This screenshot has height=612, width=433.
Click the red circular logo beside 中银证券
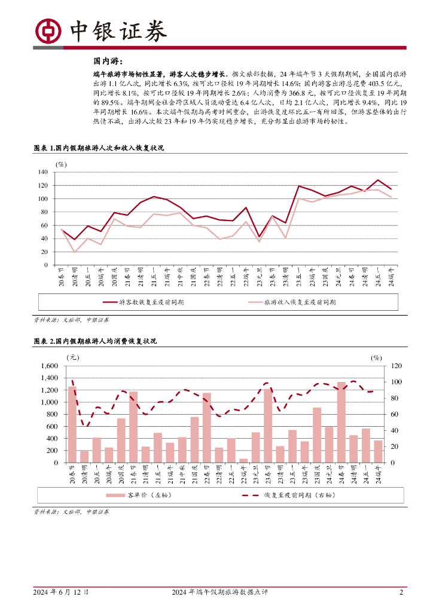47,30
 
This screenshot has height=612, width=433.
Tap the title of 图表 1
98,148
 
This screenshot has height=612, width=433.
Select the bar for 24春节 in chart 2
341,422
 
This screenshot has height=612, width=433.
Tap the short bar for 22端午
243,460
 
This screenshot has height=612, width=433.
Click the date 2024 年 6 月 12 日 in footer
62,592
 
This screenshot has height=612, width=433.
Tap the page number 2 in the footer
401,592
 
